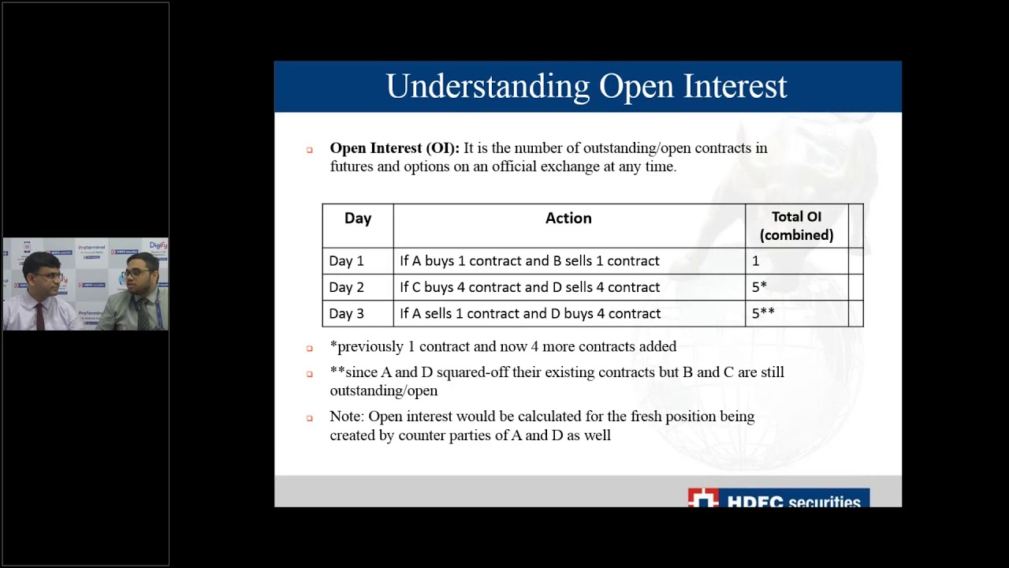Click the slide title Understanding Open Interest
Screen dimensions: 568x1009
pos(586,87)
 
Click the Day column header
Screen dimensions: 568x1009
pos(357,219)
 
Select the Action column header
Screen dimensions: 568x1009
pos(568,219)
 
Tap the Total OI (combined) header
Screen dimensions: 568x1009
pos(796,226)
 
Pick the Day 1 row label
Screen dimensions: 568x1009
pos(347,261)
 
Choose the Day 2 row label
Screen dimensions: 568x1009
pos(347,287)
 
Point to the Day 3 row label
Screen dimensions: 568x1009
pos(347,314)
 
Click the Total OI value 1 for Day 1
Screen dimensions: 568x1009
pos(755,261)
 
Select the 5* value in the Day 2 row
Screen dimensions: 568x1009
pos(759,287)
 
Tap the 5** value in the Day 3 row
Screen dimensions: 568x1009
pos(762,314)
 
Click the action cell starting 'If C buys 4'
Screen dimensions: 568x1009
pos(530,287)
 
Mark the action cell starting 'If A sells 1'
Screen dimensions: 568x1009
pos(530,314)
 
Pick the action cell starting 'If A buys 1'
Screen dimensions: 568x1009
pos(530,261)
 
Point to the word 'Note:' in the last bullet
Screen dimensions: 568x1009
pos(347,417)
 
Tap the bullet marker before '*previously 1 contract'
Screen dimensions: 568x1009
pos(310,348)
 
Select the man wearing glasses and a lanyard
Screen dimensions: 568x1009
pos(139,292)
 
